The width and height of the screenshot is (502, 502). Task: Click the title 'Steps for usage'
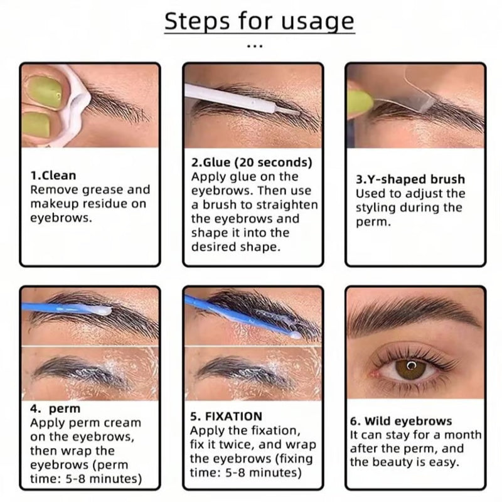coord(259,21)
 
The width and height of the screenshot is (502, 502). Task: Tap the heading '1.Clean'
coord(53,176)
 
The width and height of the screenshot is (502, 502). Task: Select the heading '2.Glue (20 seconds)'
coord(252,163)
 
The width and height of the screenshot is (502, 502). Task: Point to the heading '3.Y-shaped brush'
coord(410,179)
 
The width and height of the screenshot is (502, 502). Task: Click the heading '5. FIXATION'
coord(226,416)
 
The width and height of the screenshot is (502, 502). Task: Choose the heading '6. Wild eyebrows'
coord(401,421)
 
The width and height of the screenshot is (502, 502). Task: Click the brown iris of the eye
coord(411,369)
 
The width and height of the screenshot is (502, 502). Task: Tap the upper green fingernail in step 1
coord(45,92)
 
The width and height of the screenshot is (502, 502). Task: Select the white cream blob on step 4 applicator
coord(101,310)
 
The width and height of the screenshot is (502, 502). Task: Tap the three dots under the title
coord(255,46)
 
